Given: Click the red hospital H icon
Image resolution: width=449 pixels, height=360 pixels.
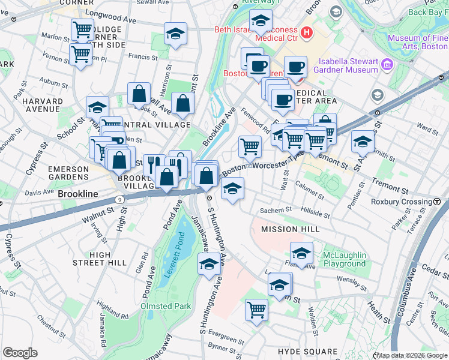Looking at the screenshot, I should pyautogui.click(x=307, y=32).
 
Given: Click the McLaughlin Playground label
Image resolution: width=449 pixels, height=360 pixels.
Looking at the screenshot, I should pyautogui.click(x=344, y=259).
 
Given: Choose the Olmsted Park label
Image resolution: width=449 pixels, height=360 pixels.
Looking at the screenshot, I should pyautogui.click(x=166, y=306).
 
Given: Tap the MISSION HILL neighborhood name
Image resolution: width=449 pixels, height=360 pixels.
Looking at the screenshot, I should pyautogui.click(x=288, y=229).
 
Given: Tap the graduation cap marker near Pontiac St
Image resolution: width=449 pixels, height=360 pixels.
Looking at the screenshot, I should pyautogui.click(x=363, y=142).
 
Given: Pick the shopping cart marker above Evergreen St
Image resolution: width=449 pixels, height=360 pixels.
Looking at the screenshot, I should pyautogui.click(x=256, y=310).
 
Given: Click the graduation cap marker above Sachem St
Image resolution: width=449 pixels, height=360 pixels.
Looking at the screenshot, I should pyautogui.click(x=232, y=189).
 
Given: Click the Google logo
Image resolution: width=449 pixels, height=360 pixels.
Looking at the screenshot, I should pyautogui.click(x=20, y=353).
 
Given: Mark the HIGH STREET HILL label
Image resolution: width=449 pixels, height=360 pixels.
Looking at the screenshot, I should pyautogui.click(x=100, y=259).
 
